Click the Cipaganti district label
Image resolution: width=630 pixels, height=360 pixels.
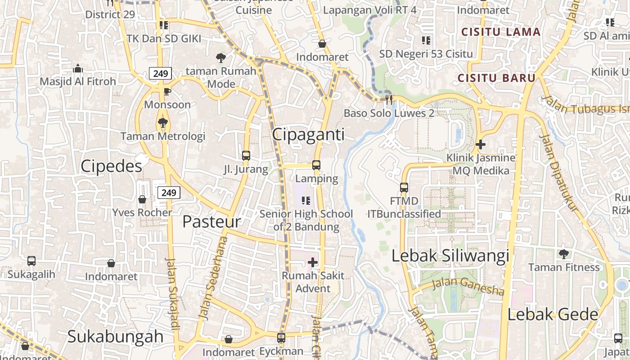[x=308, y=135]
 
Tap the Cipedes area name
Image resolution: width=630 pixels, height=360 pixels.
[x=111, y=166]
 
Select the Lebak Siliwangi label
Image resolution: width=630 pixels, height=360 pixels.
[x=450, y=256]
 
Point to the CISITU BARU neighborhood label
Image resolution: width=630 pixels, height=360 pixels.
[x=496, y=78]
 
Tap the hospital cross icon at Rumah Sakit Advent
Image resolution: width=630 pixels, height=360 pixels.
[x=313, y=262]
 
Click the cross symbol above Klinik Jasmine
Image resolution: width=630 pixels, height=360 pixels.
[x=481, y=144]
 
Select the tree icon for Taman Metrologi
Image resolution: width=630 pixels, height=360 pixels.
[x=163, y=122]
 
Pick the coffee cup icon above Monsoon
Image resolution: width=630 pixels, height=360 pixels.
[x=167, y=92]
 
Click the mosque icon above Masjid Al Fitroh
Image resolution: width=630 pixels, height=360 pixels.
[x=78, y=68]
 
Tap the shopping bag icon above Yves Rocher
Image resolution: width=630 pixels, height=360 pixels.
[x=142, y=199]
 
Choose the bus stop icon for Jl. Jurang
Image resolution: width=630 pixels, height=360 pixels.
[x=246, y=156]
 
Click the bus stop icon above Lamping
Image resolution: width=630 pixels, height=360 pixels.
[x=316, y=165]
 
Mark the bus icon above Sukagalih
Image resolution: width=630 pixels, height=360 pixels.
[x=31, y=261]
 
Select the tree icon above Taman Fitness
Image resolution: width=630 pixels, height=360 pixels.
[x=563, y=254]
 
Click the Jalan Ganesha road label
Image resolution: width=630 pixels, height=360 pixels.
[x=468, y=287]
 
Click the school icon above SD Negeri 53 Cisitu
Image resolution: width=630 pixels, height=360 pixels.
[x=426, y=40]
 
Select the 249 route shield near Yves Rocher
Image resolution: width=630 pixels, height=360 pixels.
[x=169, y=193]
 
